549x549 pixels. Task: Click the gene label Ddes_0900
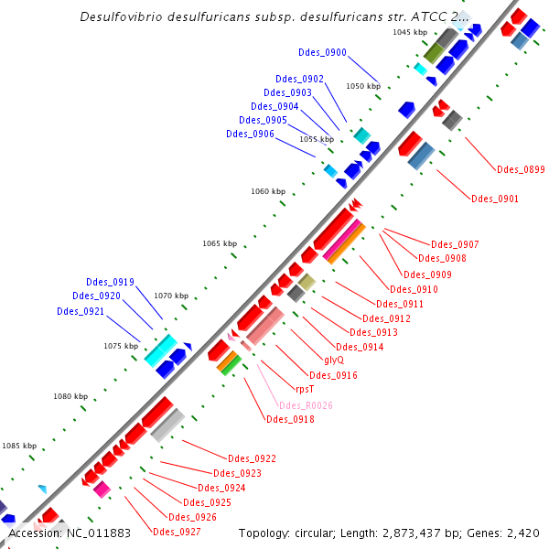(322, 52)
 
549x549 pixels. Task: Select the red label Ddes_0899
(521, 169)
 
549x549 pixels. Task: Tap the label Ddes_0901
(495, 199)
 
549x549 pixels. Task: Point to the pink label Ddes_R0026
(306, 405)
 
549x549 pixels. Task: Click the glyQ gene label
(335, 360)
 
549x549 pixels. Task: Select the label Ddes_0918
(290, 420)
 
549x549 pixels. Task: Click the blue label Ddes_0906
(250, 135)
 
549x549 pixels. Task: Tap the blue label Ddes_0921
(81, 311)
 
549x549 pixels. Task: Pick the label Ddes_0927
(177, 532)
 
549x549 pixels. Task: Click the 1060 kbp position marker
(268, 191)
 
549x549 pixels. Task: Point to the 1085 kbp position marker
(18, 446)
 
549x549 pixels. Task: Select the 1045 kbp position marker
(410, 32)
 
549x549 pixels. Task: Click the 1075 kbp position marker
(121, 346)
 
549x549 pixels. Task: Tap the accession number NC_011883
(100, 533)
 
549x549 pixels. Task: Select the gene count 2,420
(524, 533)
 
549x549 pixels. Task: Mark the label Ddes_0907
(455, 244)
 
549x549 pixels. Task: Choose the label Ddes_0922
(252, 458)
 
